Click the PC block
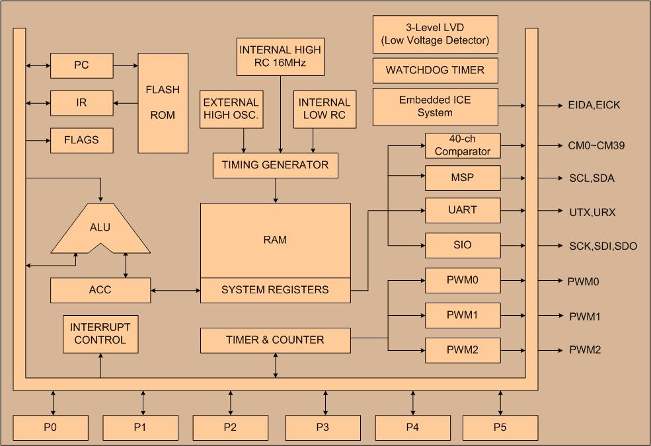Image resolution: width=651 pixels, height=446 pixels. tap(82, 65)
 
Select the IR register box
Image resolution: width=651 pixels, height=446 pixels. tap(82, 103)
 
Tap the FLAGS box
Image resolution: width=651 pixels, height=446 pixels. tap(82, 140)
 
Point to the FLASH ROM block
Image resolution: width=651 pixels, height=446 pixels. tap(163, 103)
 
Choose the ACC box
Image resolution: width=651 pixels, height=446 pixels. tap(100, 290)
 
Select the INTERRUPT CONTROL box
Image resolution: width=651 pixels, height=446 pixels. tap(100, 334)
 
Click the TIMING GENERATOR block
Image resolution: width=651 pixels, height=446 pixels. tap(275, 166)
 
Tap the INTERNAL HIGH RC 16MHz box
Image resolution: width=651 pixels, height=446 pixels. tap(280, 57)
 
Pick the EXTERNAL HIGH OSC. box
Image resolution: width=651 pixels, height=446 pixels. tap(231, 109)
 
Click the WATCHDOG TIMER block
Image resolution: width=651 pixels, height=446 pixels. tap(435, 71)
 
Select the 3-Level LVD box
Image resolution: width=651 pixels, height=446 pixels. tap(435, 34)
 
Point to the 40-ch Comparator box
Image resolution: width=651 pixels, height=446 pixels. tap(463, 145)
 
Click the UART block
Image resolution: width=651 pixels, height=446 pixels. tap(463, 210)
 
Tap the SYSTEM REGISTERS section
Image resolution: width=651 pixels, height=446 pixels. tap(275, 290)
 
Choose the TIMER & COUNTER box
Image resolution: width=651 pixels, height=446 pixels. tap(275, 341)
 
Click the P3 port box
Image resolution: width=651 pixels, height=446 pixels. tap(323, 427)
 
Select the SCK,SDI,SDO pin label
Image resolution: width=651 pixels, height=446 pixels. tap(603, 246)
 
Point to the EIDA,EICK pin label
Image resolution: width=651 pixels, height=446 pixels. tap(594, 105)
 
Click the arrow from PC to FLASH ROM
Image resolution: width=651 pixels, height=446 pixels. tap(126, 65)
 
